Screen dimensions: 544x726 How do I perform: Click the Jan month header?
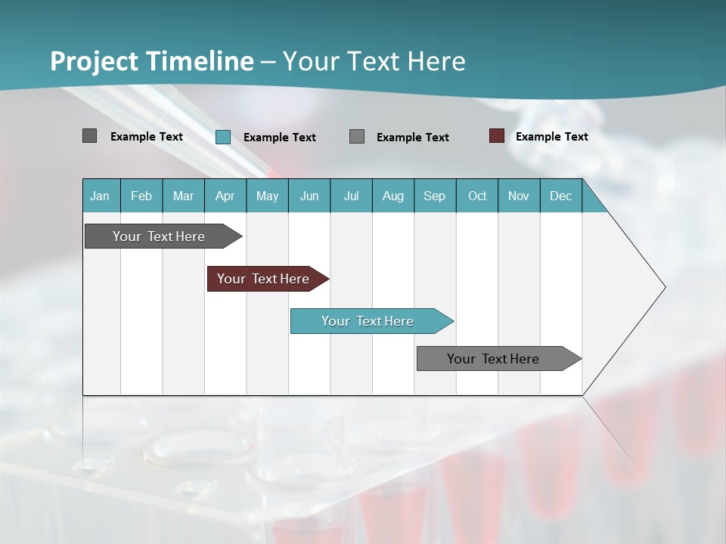100,196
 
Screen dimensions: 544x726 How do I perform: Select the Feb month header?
141,196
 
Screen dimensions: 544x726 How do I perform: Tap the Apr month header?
225,196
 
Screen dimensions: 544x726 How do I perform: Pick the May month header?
267,196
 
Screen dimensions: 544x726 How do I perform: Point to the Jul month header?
351,196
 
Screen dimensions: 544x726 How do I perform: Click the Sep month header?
434,196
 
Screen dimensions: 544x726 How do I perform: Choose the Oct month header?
477,196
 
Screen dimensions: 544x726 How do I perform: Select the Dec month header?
560,196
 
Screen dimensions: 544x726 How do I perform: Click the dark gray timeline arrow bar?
159,236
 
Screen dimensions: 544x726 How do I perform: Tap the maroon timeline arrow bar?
263,279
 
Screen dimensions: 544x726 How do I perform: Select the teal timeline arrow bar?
368,321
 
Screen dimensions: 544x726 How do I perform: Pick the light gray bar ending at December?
493,359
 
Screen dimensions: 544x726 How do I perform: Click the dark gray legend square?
89,136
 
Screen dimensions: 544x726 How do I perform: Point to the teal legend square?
222,137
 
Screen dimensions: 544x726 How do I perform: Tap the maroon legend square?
496,136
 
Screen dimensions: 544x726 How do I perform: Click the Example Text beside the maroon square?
551,137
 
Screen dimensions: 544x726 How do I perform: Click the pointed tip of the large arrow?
663,287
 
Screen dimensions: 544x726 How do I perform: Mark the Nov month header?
519,196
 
